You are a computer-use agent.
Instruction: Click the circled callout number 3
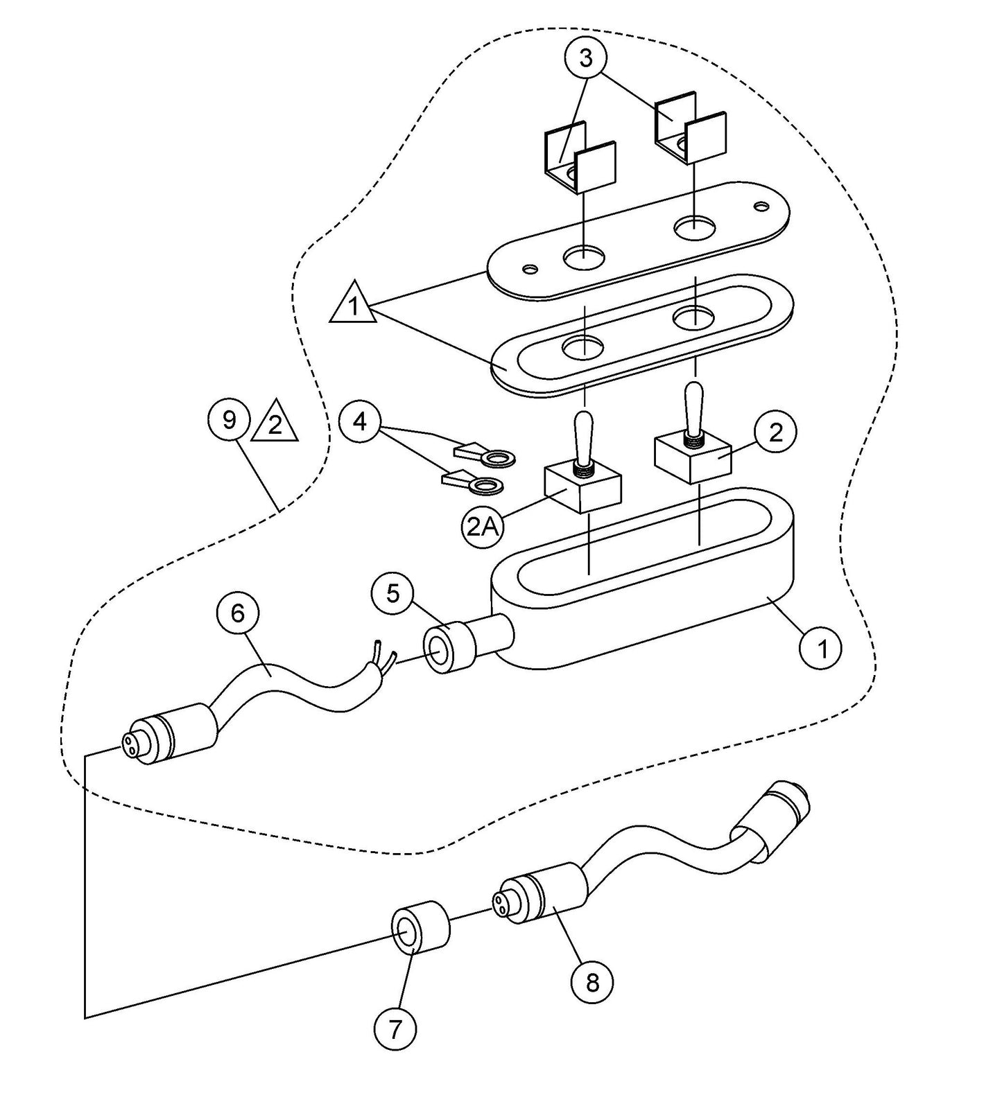click(586, 58)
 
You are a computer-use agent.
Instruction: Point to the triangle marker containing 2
click(275, 423)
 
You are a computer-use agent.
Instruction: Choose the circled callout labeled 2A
click(482, 527)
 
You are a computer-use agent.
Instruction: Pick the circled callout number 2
click(775, 432)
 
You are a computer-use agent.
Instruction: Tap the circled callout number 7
click(395, 1028)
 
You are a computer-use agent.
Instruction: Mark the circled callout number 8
click(591, 981)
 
